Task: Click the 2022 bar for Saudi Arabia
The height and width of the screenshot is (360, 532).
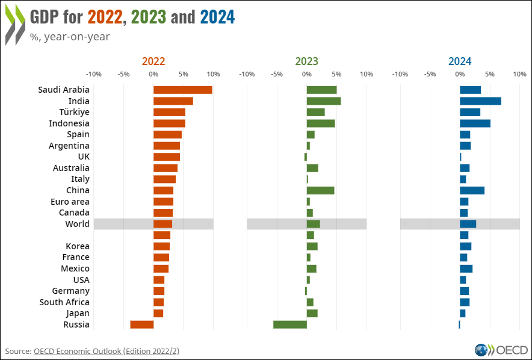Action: (182, 90)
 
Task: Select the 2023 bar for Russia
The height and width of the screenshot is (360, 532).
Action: (290, 324)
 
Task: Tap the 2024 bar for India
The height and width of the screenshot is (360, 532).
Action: (480, 101)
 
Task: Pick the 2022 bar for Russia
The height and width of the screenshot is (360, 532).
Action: (142, 324)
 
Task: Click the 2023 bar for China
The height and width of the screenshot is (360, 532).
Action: (320, 190)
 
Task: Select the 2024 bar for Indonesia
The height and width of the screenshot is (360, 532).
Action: (475, 123)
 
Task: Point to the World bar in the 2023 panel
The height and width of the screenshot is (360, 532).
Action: (313, 224)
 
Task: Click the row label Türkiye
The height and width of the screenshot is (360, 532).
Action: (75, 112)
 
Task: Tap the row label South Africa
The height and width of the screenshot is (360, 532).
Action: (64, 302)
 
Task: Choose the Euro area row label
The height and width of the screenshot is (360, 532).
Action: (70, 202)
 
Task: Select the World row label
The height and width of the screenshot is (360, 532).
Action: (77, 224)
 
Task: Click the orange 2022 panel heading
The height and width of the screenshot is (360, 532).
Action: (153, 61)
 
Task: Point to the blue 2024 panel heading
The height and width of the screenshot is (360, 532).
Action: (460, 61)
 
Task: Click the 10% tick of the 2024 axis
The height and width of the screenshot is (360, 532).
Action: (519, 74)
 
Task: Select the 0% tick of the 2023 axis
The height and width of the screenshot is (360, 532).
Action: (306, 74)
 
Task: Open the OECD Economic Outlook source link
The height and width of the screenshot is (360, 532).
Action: (107, 351)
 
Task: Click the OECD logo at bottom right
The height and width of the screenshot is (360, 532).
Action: (501, 350)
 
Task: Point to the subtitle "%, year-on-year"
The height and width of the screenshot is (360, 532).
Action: (70, 36)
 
